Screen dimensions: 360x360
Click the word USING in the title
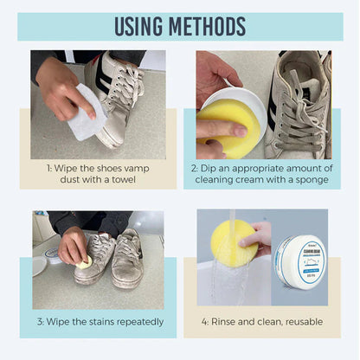pyautogui.click(x=141, y=26)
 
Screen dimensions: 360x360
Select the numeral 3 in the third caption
pyautogui.click(x=41, y=321)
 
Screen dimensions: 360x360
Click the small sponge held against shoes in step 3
pyautogui.click(x=84, y=262)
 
